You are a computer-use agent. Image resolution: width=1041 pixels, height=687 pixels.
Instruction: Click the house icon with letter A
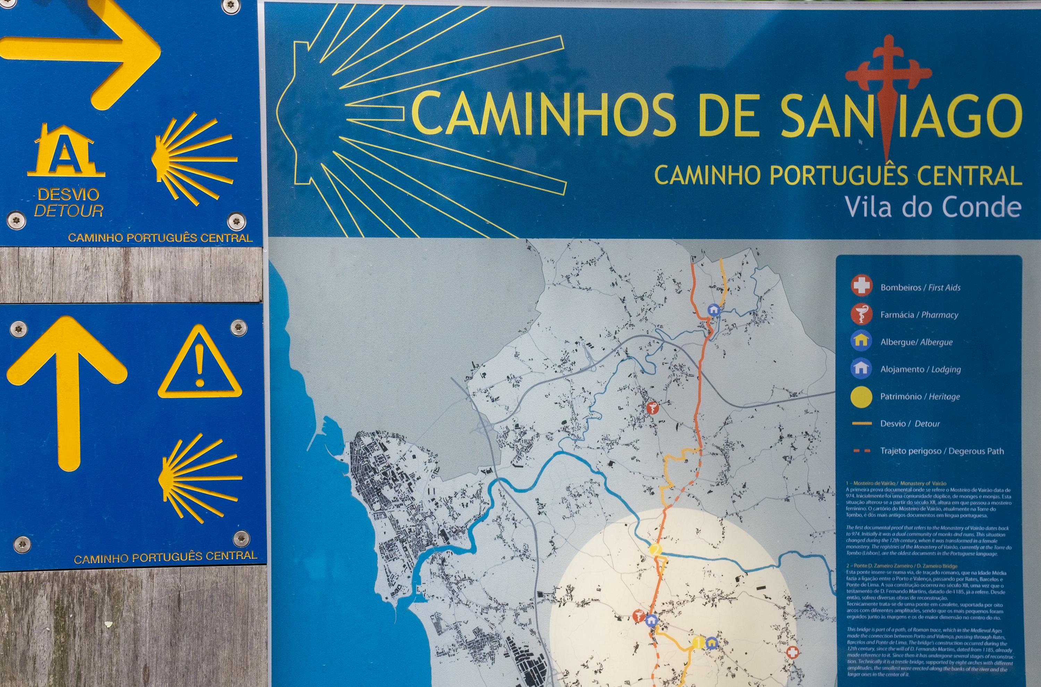[x=66, y=151]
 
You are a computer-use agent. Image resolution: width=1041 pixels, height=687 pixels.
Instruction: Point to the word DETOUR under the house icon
[x=69, y=211]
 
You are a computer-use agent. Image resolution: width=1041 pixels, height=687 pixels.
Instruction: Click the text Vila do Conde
[x=932, y=207]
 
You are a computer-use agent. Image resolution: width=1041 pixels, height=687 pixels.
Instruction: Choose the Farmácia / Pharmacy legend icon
[x=861, y=314]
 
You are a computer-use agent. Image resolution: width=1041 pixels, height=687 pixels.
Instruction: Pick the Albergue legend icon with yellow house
[x=861, y=341]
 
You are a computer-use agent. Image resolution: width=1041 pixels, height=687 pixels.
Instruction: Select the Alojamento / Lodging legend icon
[x=861, y=368]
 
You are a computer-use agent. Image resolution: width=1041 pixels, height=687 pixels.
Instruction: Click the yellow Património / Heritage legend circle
[x=861, y=397]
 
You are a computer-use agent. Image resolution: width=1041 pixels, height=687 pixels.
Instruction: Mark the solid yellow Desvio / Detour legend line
[x=861, y=424]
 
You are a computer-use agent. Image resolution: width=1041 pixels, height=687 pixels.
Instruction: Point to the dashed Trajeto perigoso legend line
[x=861, y=451]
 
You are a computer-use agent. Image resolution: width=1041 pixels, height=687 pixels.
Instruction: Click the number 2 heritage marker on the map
[x=655, y=549]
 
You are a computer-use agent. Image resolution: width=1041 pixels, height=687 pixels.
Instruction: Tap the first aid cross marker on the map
[x=792, y=652]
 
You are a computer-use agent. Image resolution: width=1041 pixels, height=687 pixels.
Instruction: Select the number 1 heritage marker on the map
[x=699, y=643]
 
